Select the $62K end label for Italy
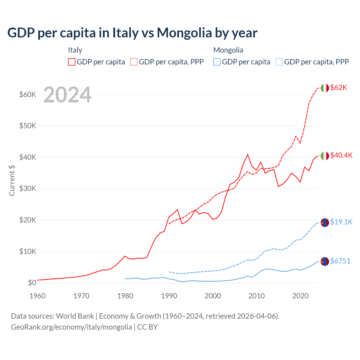tap(339, 88)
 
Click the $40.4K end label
tap(341, 156)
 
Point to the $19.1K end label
tap(341, 222)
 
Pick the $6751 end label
tap(340, 261)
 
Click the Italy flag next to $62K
tap(325, 88)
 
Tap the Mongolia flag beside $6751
tap(325, 262)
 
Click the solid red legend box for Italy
tap(72, 62)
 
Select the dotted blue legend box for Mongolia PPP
tap(279, 62)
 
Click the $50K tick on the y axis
tap(28, 126)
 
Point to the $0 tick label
tap(32, 283)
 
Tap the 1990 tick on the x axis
tap(169, 296)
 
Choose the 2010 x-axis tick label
tap(256, 296)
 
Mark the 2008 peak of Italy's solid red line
tap(247, 154)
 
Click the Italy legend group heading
tap(75, 50)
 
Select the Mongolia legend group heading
tap(228, 50)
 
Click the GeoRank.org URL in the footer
tap(71, 327)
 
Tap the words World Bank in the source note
tap(75, 316)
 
